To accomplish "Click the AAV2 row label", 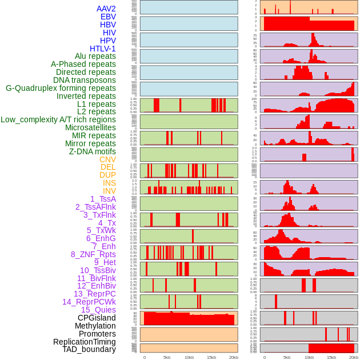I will [x=106, y=9].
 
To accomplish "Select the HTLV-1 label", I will [x=102, y=49].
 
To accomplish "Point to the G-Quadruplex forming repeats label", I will [x=61, y=88].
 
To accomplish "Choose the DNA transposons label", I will [x=85, y=80].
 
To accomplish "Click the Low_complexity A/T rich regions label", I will [x=58, y=119].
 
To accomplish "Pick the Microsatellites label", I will [x=90, y=127].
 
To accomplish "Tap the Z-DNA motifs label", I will [x=92, y=151].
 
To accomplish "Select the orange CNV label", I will [x=107, y=159].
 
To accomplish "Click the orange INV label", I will [x=109, y=191].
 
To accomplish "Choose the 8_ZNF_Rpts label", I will [x=93, y=254].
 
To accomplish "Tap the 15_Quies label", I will [x=98, y=310].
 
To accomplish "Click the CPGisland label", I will [x=97, y=318].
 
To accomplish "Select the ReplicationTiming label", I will [x=84, y=342].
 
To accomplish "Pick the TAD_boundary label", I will [x=89, y=349].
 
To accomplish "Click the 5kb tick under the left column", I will [x=167, y=357].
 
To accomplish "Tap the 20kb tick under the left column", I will [x=233, y=357].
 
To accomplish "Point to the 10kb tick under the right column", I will [x=309, y=357].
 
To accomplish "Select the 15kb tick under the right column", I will [x=331, y=357].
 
